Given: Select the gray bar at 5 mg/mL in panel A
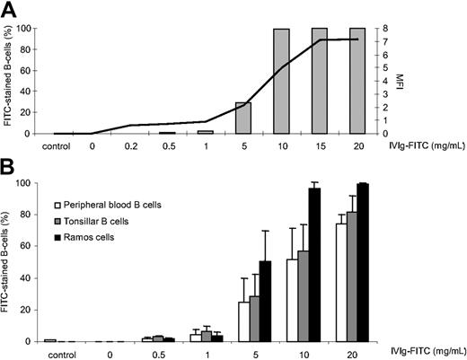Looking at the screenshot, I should pyautogui.click(x=243, y=119).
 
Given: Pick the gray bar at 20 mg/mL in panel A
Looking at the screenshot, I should pyautogui.click(x=357, y=81).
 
